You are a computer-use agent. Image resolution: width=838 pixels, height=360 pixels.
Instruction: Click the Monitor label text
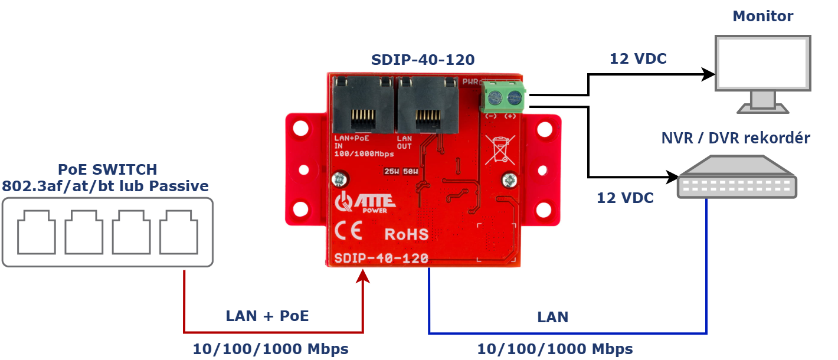(x=762, y=16)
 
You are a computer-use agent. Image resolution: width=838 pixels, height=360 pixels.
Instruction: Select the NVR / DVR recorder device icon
(x=737, y=177)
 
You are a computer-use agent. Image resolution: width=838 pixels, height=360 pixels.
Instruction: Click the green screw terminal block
(x=503, y=97)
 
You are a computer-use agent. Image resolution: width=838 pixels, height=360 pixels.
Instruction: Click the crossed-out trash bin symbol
(x=500, y=149)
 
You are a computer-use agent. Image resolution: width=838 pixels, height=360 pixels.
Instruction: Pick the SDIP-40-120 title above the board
(x=423, y=60)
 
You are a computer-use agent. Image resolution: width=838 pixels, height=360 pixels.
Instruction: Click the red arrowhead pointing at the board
(x=363, y=277)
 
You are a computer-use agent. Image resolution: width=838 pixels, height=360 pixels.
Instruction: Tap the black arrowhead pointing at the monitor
(x=709, y=74)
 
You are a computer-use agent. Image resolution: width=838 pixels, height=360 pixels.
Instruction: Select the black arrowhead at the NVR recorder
(x=673, y=176)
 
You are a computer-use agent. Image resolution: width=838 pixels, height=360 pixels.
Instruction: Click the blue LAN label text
(x=552, y=317)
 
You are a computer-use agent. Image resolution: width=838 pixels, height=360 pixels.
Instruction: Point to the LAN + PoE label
(x=267, y=316)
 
